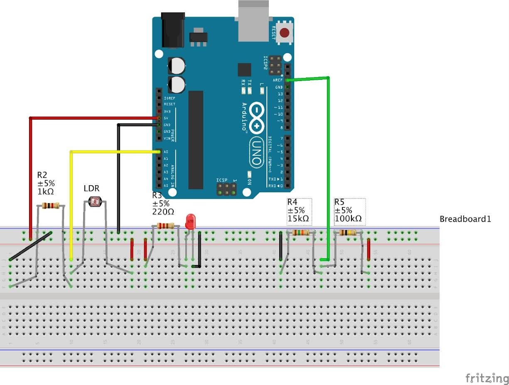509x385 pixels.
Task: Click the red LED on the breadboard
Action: pos(190,221)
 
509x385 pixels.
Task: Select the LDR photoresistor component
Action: pos(96,202)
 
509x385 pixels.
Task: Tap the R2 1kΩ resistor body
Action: pos(50,205)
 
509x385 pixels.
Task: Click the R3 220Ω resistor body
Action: pos(165,226)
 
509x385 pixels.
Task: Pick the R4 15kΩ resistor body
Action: pos(300,233)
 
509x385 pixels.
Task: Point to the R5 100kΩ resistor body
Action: pos(347,233)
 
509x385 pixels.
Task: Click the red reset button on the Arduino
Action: pos(285,33)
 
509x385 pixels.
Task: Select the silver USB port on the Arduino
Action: pos(254,21)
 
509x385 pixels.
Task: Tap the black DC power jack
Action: pos(172,29)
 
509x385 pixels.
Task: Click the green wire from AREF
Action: pos(329,166)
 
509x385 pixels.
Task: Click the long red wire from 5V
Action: pos(30,174)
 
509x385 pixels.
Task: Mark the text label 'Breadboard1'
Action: pos(465,219)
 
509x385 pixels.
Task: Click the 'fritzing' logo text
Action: pos(487,378)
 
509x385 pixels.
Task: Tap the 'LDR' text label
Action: pos(91,188)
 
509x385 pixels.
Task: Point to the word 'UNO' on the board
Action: pos(256,152)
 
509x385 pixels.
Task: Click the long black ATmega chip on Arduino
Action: pos(196,140)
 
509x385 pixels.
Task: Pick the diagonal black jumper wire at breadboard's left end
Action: pos(31,246)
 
